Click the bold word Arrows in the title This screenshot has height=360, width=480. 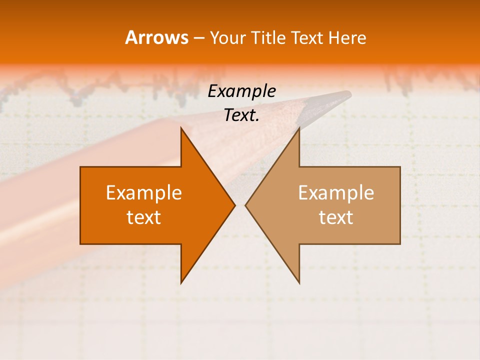156,37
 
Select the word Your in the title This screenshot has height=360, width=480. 226,38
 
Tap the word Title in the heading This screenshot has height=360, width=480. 267,38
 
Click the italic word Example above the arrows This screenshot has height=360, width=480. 241,91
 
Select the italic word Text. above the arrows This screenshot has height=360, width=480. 241,115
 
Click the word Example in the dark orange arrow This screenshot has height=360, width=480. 144,193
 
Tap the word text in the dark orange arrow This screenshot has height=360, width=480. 144,217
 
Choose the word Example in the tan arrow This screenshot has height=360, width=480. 336,193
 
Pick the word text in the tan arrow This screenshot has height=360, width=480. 336,217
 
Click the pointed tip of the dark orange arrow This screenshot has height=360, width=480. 234,205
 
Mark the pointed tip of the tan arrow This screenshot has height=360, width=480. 246,205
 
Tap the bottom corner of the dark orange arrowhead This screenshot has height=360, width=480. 181,282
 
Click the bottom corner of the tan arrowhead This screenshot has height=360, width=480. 299,282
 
